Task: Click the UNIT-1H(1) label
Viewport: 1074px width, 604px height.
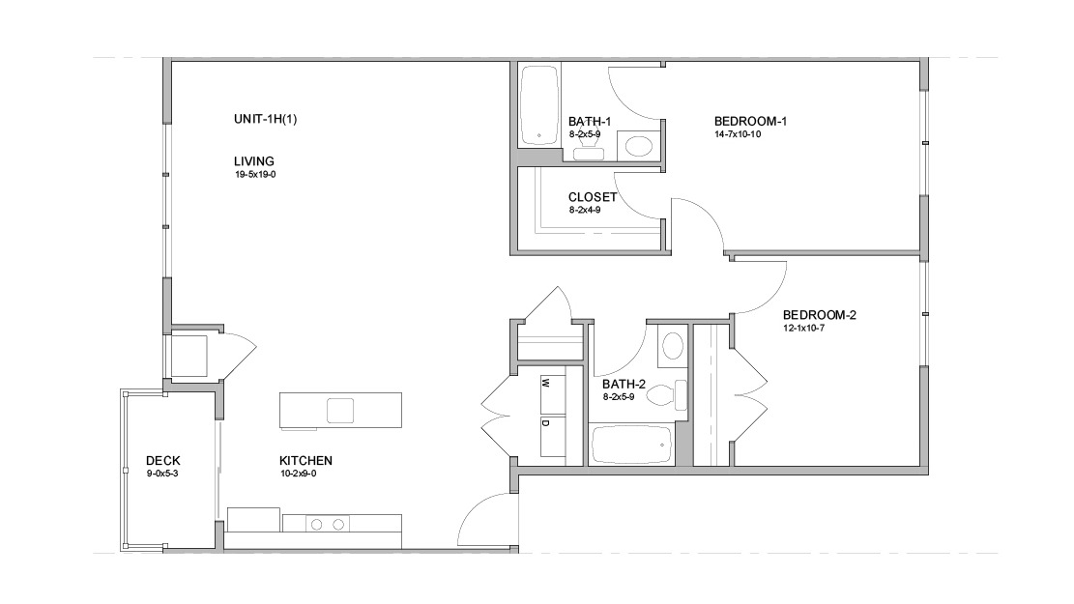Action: click(265, 119)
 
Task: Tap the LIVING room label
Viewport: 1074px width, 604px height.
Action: click(254, 161)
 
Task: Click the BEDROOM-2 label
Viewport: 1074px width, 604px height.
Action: click(820, 314)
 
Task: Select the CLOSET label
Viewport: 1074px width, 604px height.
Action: click(592, 197)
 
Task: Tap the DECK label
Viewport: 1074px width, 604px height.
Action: click(162, 461)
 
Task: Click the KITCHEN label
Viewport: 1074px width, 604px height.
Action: click(306, 461)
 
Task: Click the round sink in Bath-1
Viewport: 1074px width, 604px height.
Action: click(637, 147)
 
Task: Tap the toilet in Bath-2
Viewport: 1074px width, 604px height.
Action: click(665, 395)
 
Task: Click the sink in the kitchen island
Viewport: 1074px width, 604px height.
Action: click(340, 411)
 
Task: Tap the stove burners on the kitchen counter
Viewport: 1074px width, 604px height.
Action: click(327, 525)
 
